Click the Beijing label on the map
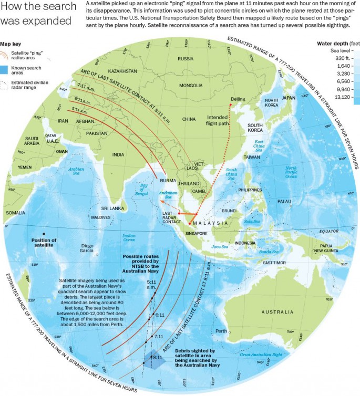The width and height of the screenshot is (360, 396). click(239, 99)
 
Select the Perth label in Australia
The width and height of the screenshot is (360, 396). click(221, 331)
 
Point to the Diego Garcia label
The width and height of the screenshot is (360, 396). click(87, 248)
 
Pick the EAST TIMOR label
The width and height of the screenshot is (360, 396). click(275, 263)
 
